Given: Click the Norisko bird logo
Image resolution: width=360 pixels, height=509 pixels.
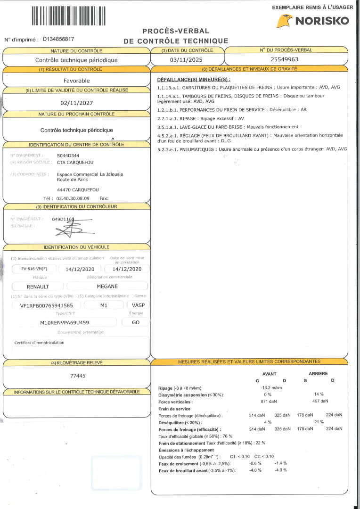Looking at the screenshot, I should pyautogui.click(x=284, y=21).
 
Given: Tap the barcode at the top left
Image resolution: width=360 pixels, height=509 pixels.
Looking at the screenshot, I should pyautogui.click(x=68, y=16).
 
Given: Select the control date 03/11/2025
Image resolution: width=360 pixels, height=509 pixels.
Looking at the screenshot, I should pyautogui.click(x=186, y=60).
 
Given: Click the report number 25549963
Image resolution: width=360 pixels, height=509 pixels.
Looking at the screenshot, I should pyautogui.click(x=285, y=59).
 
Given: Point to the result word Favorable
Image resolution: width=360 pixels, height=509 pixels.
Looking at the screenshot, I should pyautogui.click(x=76, y=81).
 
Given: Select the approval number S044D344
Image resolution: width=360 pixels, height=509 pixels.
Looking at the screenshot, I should pyautogui.click(x=68, y=155).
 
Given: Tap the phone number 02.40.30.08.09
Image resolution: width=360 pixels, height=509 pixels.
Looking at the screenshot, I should pyautogui.click(x=73, y=198).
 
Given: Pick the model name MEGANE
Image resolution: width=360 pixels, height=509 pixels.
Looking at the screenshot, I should pyautogui.click(x=107, y=286).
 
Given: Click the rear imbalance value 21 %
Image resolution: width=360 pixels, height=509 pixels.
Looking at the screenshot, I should pyautogui.click(x=319, y=422).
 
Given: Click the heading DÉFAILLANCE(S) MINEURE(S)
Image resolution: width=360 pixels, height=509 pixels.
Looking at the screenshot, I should pyautogui.click(x=193, y=80).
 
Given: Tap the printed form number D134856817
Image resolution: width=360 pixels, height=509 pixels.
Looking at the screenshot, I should pyautogui.click(x=58, y=39).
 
